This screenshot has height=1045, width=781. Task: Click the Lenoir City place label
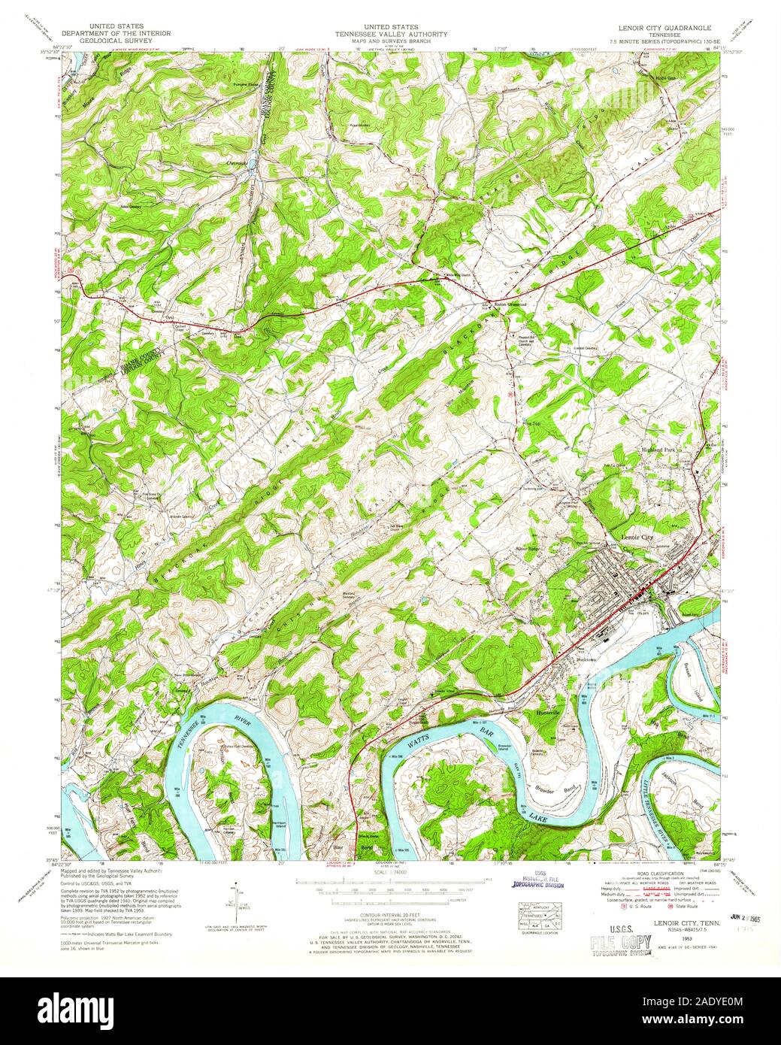640,537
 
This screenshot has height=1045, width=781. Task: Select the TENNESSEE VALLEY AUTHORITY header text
390,35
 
